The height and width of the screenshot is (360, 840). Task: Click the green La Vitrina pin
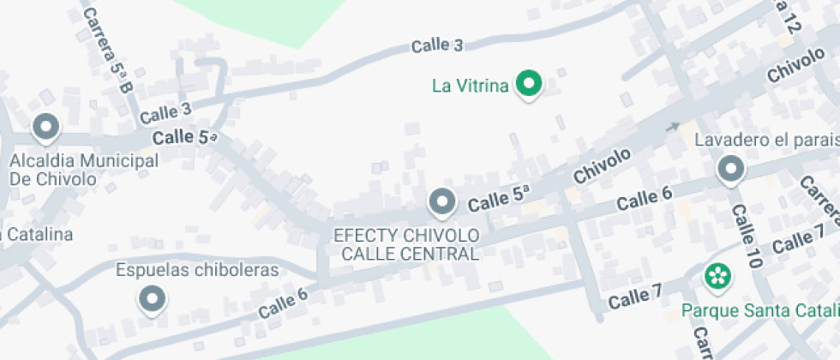530,84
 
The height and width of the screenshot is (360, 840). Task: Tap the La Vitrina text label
471,85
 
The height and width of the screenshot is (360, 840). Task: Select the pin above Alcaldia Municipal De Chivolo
45,129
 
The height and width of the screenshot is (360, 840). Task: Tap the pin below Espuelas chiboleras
153,299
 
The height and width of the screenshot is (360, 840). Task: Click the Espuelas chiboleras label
197,270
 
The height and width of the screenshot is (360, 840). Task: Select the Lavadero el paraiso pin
730,170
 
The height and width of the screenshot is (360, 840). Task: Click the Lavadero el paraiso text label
765,140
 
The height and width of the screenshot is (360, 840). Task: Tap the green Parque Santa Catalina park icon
717,276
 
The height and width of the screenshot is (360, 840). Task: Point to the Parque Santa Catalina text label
759,309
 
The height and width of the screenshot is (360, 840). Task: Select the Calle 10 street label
744,238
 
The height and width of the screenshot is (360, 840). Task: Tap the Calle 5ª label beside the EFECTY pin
499,200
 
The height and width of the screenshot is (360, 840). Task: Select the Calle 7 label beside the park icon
634,298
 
